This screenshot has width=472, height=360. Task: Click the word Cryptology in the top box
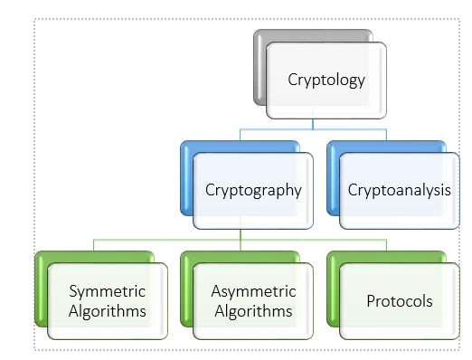(326, 80)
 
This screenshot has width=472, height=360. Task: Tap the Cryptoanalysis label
(399, 191)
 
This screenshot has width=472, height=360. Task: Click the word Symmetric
(107, 291)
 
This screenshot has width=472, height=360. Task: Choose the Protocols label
(399, 300)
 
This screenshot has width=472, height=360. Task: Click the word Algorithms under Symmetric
(107, 311)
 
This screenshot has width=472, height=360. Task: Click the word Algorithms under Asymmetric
(253, 311)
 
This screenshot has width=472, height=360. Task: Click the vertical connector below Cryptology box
(313, 124)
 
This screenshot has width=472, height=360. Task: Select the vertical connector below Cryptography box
(240, 235)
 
